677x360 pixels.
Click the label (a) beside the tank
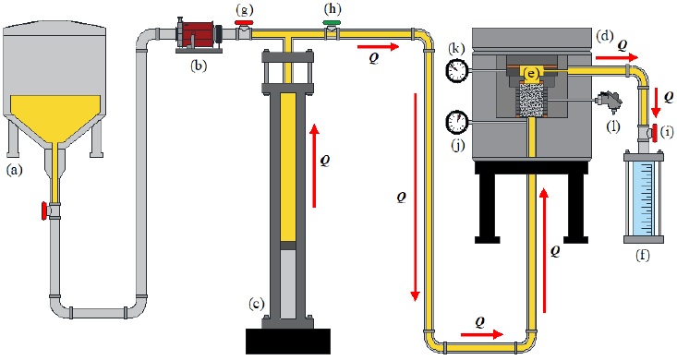tap(14, 170)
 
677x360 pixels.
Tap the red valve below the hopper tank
tap(44, 210)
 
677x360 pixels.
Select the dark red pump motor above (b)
tap(199, 33)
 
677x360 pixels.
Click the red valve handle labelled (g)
tap(244, 23)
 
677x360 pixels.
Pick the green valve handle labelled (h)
tap(332, 23)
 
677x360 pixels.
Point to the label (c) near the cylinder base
tap(256, 304)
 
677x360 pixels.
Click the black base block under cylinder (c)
tap(288, 341)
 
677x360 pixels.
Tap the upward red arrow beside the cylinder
tap(315, 166)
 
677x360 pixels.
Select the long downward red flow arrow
tap(415, 197)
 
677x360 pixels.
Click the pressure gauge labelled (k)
tap(457, 70)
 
